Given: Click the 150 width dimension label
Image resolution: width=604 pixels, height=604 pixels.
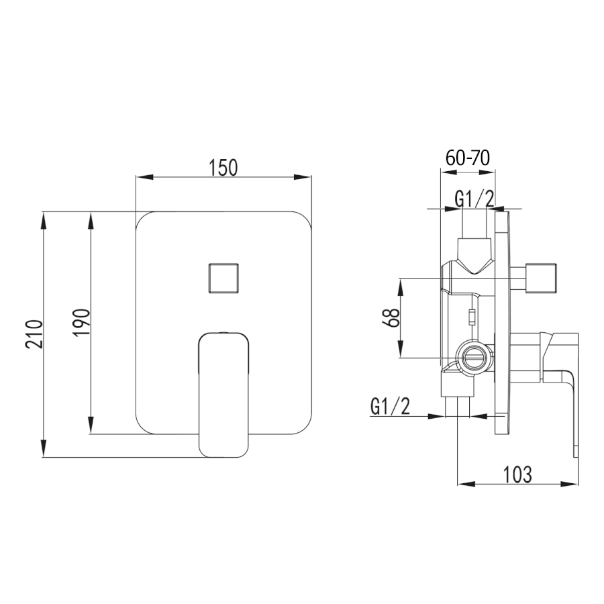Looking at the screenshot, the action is (223, 168).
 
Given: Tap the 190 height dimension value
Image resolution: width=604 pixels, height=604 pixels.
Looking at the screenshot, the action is (82, 322).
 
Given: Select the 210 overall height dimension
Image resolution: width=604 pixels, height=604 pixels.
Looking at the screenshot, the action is (34, 334).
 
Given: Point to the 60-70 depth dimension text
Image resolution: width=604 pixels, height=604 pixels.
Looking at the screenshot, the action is (468, 158).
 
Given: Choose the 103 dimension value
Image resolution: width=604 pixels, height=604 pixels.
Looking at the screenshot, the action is (517, 474).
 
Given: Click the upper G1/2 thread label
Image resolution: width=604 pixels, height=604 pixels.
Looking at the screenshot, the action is (474, 199).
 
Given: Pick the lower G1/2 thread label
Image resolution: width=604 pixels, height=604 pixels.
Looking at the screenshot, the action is (390, 407).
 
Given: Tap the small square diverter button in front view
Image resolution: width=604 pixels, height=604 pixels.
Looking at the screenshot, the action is (223, 278).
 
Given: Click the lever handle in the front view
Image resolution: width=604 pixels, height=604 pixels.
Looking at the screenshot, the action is (223, 395).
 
